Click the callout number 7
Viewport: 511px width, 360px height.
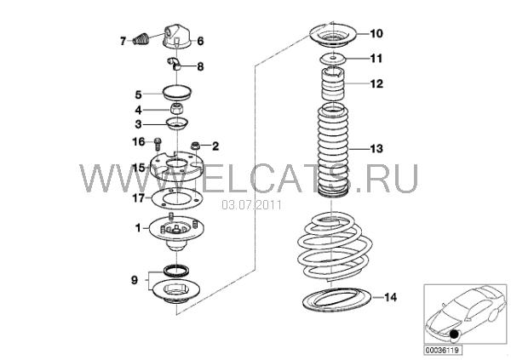(x=123, y=42)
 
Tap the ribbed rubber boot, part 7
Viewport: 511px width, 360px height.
(x=141, y=38)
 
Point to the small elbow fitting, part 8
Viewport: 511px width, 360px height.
(x=175, y=63)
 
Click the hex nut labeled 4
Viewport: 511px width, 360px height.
(x=177, y=110)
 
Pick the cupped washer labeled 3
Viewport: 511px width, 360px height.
(x=177, y=124)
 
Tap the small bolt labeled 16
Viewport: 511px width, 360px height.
(x=158, y=143)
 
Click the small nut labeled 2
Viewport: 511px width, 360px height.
(x=195, y=146)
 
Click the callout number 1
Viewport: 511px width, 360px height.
(x=138, y=228)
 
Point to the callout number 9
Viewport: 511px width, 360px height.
(x=135, y=280)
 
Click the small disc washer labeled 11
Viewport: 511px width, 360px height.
(x=332, y=60)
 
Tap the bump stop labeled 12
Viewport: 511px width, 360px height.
(x=333, y=83)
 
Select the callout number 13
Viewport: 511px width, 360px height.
(x=376, y=149)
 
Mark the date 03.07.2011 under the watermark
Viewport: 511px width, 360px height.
(x=251, y=205)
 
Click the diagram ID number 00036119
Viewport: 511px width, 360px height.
(x=443, y=351)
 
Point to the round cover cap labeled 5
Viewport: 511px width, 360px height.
(x=176, y=94)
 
